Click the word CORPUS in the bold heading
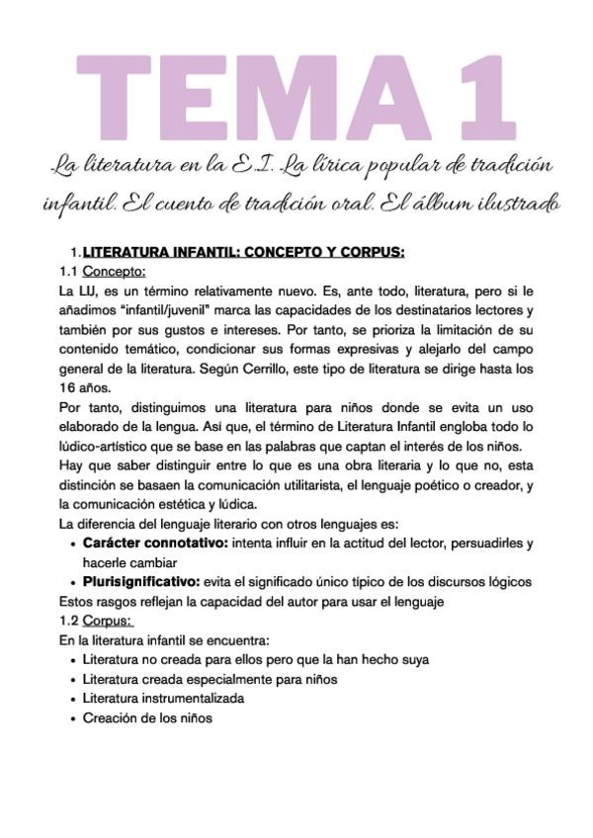tap(367, 252)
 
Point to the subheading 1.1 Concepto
tap(103, 272)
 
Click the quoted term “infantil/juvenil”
tap(166, 310)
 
